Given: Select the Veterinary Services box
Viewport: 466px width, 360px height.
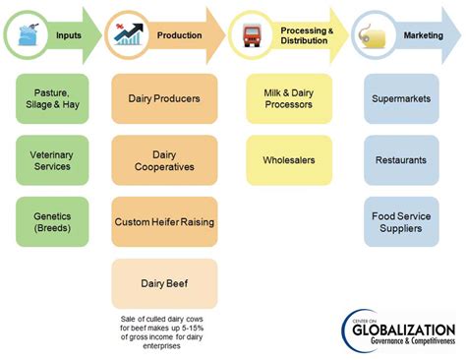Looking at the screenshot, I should (52, 160).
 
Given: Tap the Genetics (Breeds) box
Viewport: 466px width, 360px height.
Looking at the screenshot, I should (52, 221).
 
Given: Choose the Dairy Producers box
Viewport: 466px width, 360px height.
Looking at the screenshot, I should (164, 98).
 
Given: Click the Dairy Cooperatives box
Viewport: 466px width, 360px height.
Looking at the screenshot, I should (164, 160).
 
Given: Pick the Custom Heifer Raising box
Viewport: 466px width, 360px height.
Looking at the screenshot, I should (164, 221).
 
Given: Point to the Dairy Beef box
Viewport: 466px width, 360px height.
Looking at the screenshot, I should (164, 282).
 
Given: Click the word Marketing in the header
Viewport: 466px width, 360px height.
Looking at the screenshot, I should (422, 35).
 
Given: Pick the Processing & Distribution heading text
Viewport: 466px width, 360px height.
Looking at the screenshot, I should (304, 35).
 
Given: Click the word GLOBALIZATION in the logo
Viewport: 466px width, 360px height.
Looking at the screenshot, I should (405, 329).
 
